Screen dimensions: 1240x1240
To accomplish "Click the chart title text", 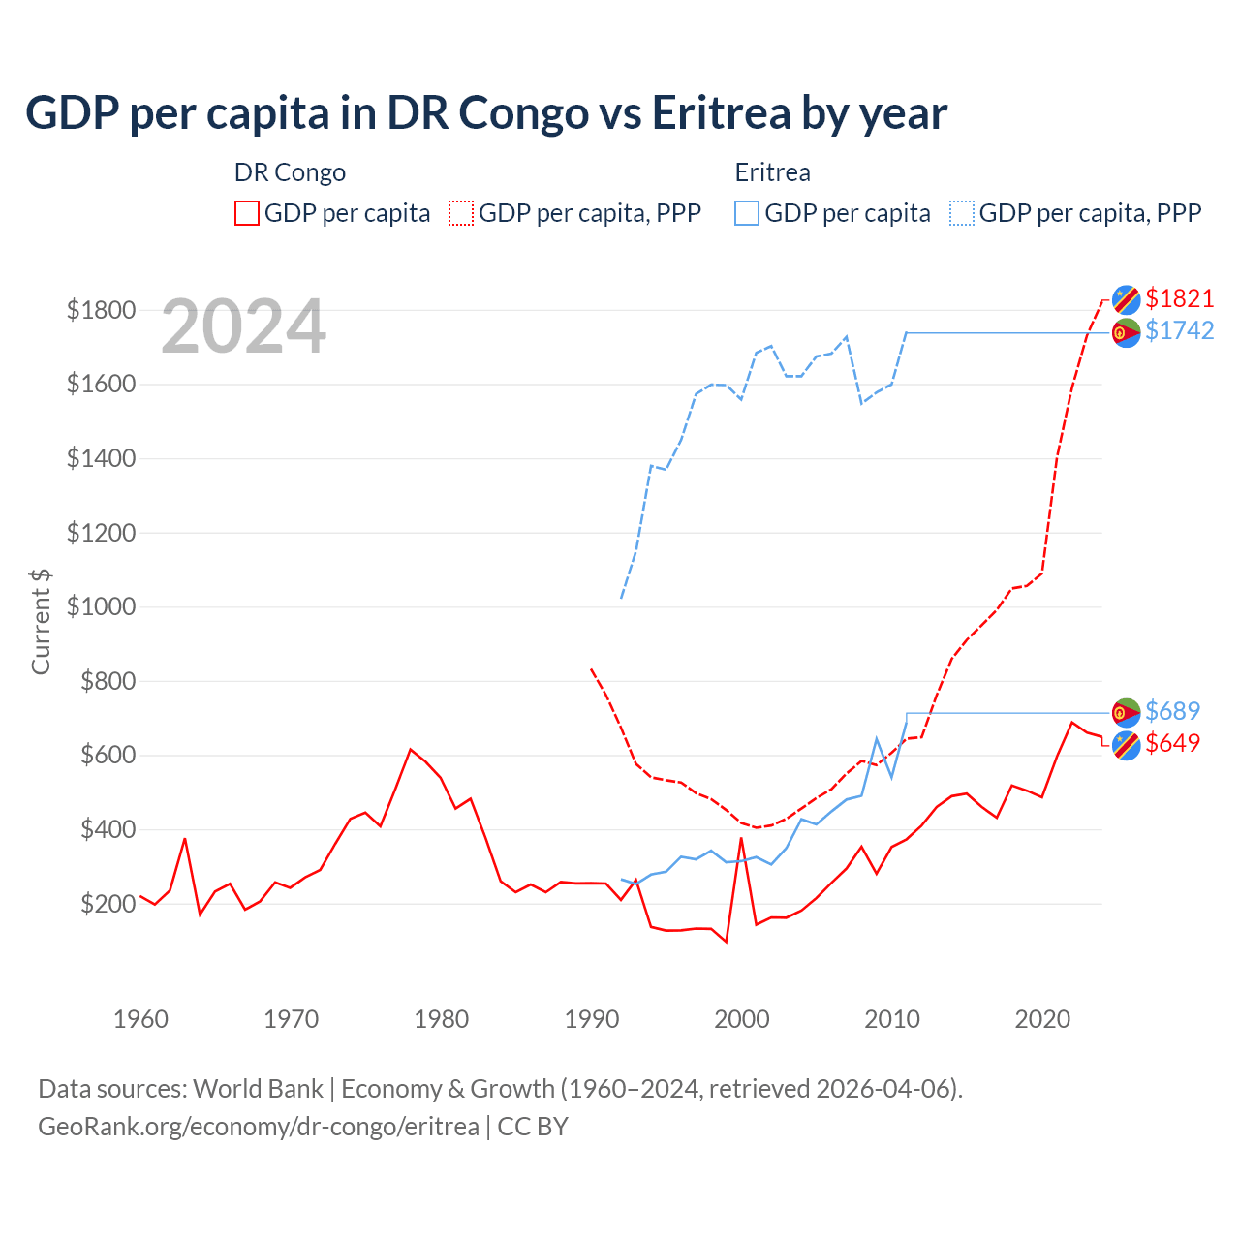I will pyautogui.click(x=486, y=113).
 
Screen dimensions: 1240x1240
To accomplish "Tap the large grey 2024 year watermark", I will pyautogui.click(x=243, y=326).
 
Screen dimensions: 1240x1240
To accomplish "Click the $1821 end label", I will pyautogui.click(x=1179, y=298).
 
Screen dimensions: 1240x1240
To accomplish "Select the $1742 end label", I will pyautogui.click(x=1179, y=330).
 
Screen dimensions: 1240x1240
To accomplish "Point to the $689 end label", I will pyautogui.click(x=1172, y=711).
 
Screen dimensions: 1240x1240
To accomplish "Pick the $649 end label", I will pyautogui.click(x=1172, y=743).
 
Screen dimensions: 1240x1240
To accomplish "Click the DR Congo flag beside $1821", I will pyautogui.click(x=1126, y=299).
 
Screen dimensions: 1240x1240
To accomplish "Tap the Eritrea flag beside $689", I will pyautogui.click(x=1126, y=713).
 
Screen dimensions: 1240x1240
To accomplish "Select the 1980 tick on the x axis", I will pyautogui.click(x=441, y=1019).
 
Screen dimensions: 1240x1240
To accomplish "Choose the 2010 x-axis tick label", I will pyautogui.click(x=891, y=1019).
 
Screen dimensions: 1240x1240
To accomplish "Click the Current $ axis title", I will pyautogui.click(x=41, y=622).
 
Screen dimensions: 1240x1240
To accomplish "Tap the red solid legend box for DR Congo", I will pyautogui.click(x=247, y=213).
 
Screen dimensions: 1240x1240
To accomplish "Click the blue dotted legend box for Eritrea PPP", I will pyautogui.click(x=962, y=213).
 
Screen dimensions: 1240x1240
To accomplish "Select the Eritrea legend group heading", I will pyautogui.click(x=772, y=172).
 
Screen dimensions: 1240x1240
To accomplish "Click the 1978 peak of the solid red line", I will pyautogui.click(x=411, y=749).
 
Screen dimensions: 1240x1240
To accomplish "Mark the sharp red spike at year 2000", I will pyautogui.click(x=741, y=839).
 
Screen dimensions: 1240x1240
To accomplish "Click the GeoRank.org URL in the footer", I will pyautogui.click(x=259, y=1127).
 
